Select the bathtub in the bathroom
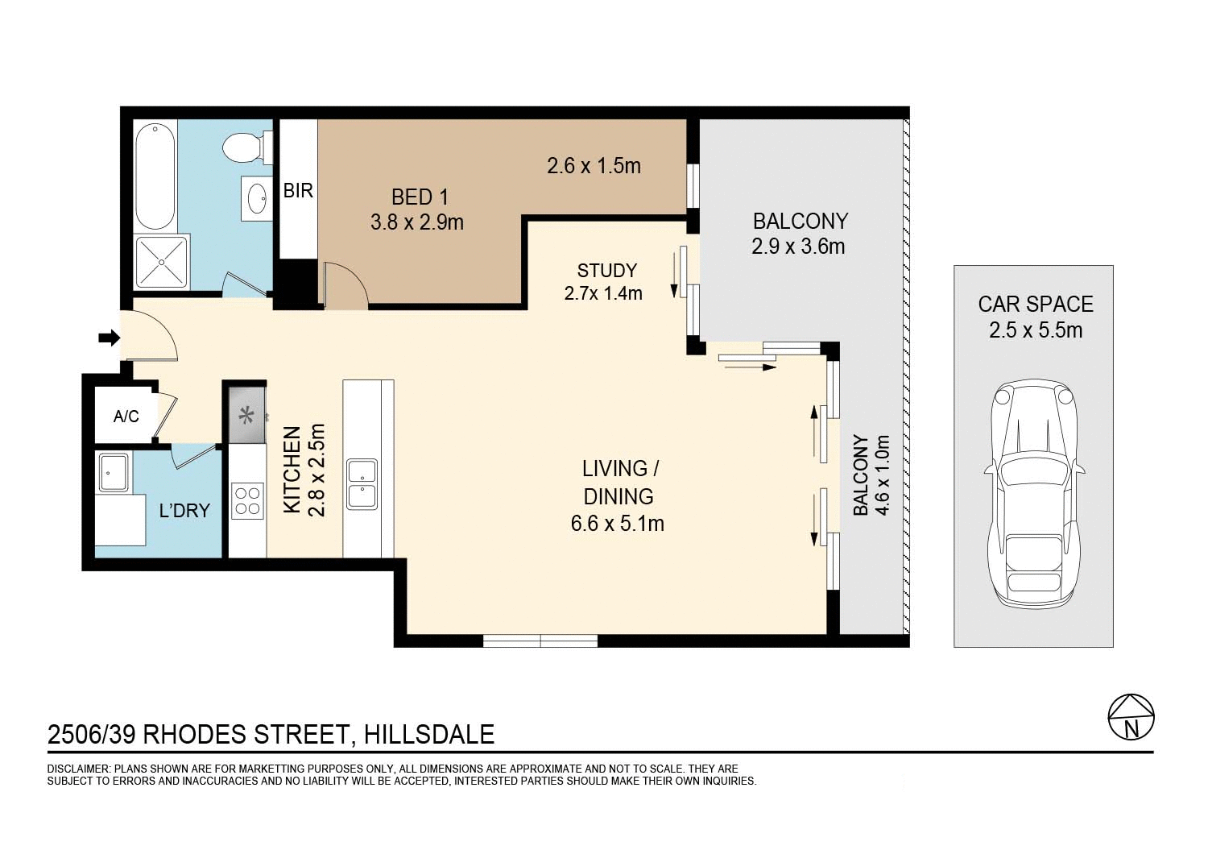pos(155,176)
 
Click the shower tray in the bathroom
pos(162,262)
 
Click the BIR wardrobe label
pos(298,191)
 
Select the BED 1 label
pos(420,197)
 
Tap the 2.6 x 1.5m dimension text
pos(594,166)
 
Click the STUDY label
pos(606,271)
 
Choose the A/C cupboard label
pos(126,417)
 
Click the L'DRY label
pos(184,511)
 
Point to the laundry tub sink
pos(113,472)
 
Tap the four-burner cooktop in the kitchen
pos(247,500)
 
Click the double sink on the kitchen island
pos(362,484)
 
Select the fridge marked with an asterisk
pos(247,416)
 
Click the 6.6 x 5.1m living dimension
pos(617,524)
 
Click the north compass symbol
pos(1131,717)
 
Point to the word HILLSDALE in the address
pos(428,735)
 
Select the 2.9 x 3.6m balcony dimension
pos(798,247)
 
